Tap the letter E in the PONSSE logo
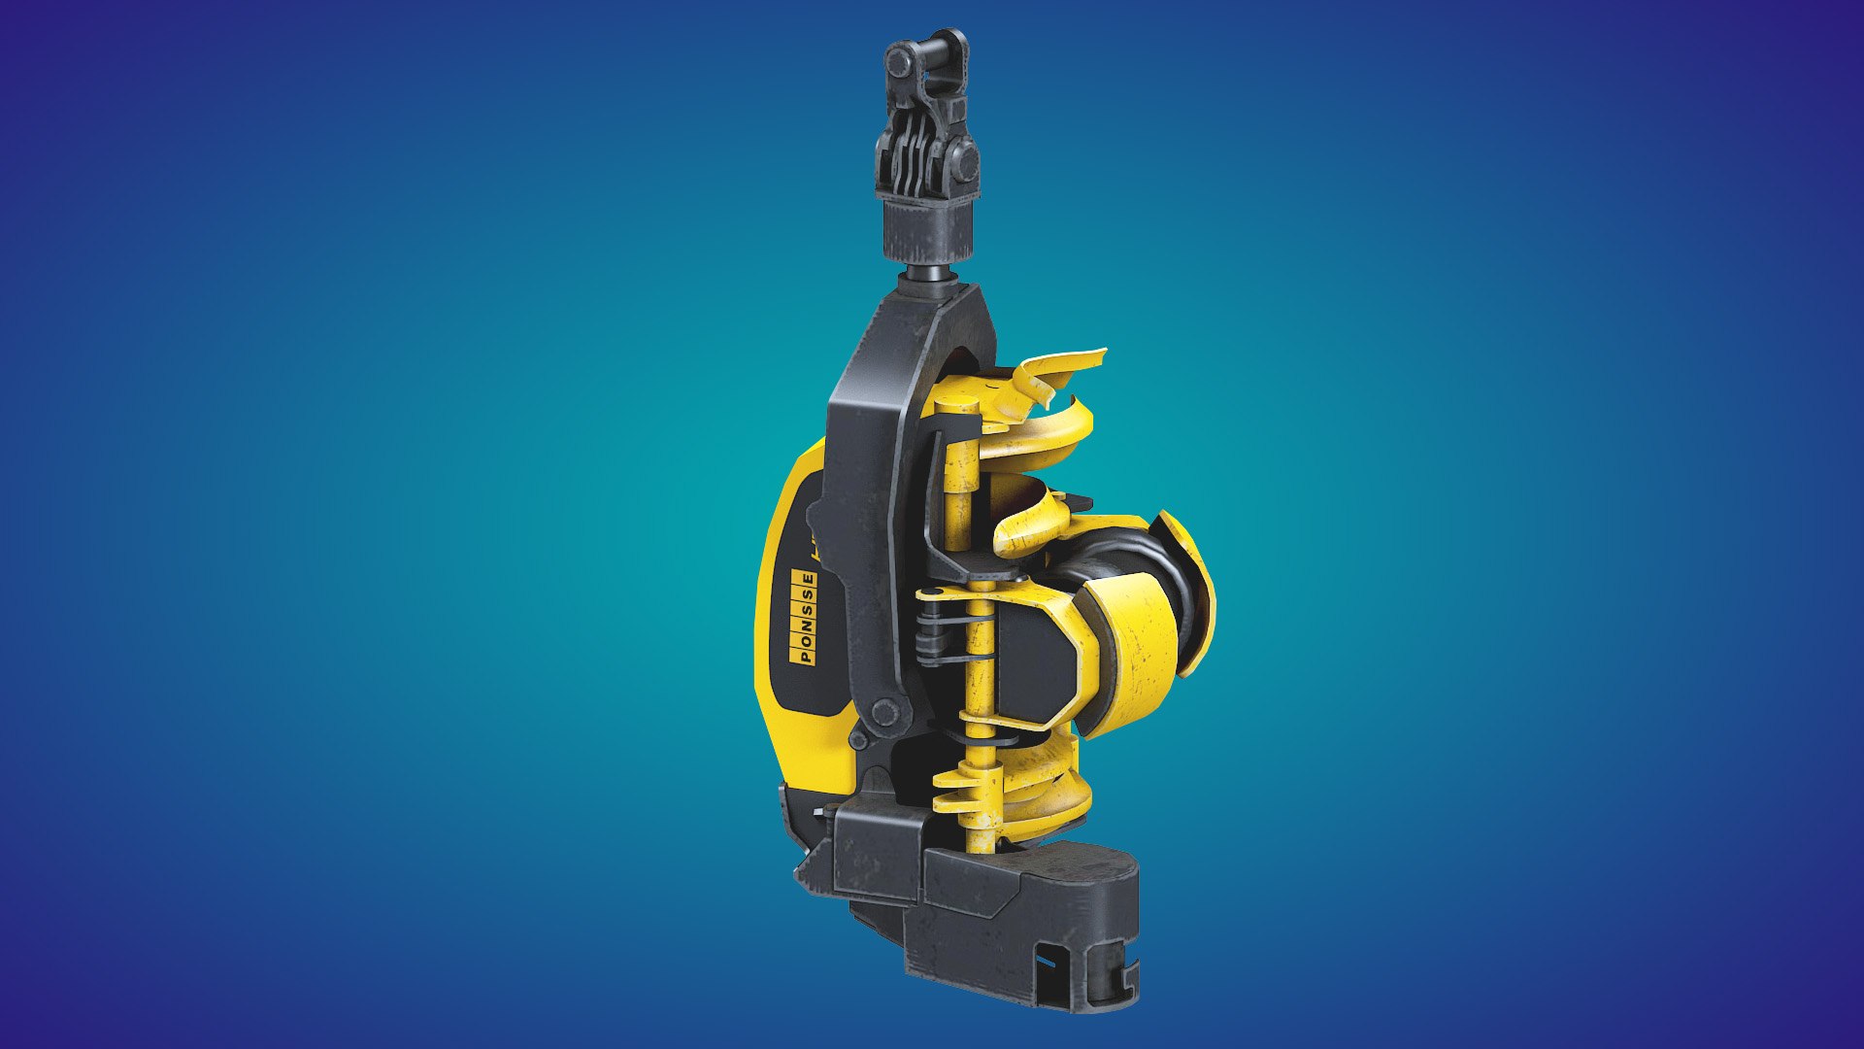pos(808,580)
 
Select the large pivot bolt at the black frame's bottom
pos(884,712)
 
